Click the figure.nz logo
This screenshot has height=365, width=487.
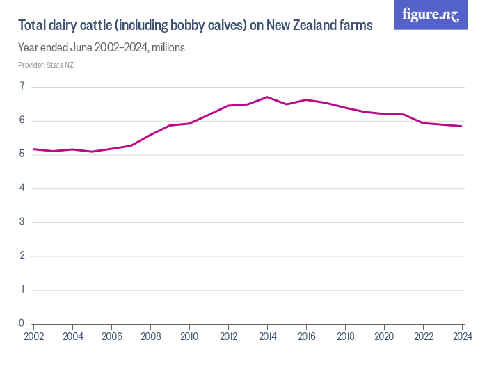click(x=431, y=15)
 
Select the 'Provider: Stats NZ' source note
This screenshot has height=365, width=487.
click(x=46, y=65)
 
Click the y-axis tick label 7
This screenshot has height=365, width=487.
click(x=22, y=87)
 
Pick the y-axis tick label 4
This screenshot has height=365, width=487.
click(x=22, y=188)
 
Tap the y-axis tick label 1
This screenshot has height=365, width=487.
click(x=22, y=290)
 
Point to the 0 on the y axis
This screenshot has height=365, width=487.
click(x=22, y=323)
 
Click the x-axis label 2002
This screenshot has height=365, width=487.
click(x=33, y=336)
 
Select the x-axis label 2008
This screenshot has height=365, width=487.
click(x=150, y=336)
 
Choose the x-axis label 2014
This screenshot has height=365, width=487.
click(x=267, y=336)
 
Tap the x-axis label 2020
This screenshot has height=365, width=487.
click(x=384, y=336)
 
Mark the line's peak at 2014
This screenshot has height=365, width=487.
click(x=267, y=97)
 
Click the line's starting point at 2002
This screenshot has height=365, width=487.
click(x=33, y=149)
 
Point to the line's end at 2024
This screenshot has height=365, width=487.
click(x=462, y=126)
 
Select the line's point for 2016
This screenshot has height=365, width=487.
click(x=306, y=99)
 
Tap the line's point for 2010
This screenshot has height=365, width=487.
click(x=189, y=123)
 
